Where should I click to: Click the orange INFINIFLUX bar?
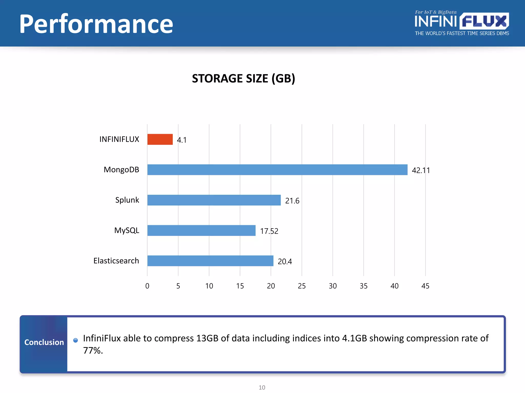(160, 139)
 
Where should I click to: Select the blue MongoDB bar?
(277, 170)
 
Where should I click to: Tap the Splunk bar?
(214, 200)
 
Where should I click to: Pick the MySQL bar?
(201, 231)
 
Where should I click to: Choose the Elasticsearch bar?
(210, 261)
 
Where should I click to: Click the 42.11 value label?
(421, 170)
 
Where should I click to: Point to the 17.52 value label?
(269, 231)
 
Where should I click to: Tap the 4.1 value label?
(181, 140)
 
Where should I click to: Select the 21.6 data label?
(292, 201)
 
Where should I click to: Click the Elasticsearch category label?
(116, 261)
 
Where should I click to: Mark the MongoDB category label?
(121, 170)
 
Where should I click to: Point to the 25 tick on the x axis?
(302, 286)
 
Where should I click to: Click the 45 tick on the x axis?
(425, 286)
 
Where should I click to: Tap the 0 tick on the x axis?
(147, 286)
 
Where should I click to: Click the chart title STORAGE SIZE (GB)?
(244, 78)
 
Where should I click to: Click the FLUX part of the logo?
(484, 21)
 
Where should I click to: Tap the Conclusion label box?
(44, 342)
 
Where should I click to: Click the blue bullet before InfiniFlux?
(75, 340)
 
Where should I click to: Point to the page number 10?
(262, 387)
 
